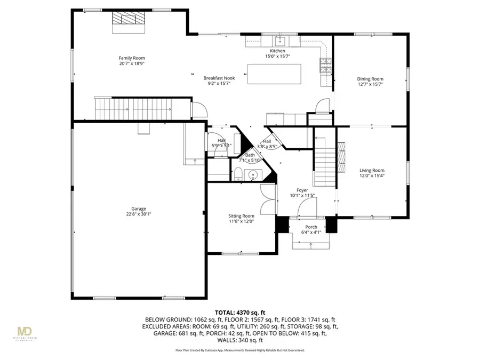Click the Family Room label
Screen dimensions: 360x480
point(131,58)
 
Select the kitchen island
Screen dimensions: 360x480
point(274,74)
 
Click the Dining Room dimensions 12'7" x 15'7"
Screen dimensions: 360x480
point(370,84)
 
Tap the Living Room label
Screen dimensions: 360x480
point(371,171)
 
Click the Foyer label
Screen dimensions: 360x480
point(302,190)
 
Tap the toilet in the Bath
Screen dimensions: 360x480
point(238,173)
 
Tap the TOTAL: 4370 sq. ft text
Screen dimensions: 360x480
point(239,313)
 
